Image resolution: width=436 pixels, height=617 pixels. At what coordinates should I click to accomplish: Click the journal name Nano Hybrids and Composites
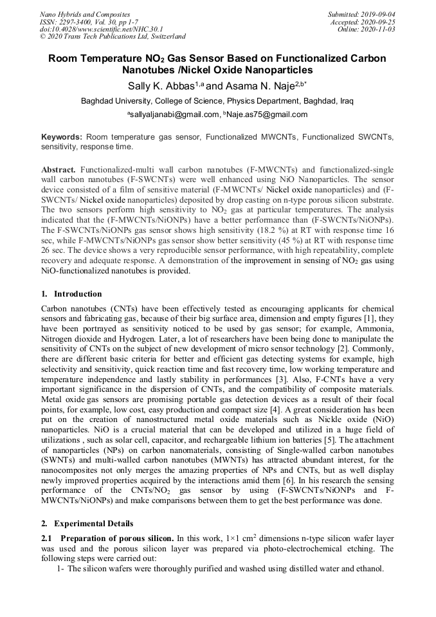point(84,14)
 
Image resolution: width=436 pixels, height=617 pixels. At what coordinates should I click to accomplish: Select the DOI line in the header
point(100,29)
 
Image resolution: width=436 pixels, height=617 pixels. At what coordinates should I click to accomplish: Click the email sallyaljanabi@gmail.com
point(171,115)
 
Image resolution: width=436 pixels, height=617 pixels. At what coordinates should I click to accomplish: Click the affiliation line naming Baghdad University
point(217,101)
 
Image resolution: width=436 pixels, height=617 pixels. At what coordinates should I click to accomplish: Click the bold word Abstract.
point(58,169)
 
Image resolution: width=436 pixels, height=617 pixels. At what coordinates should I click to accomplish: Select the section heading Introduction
point(78,294)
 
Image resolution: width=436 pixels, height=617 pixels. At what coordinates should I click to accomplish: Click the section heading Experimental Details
point(94,523)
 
